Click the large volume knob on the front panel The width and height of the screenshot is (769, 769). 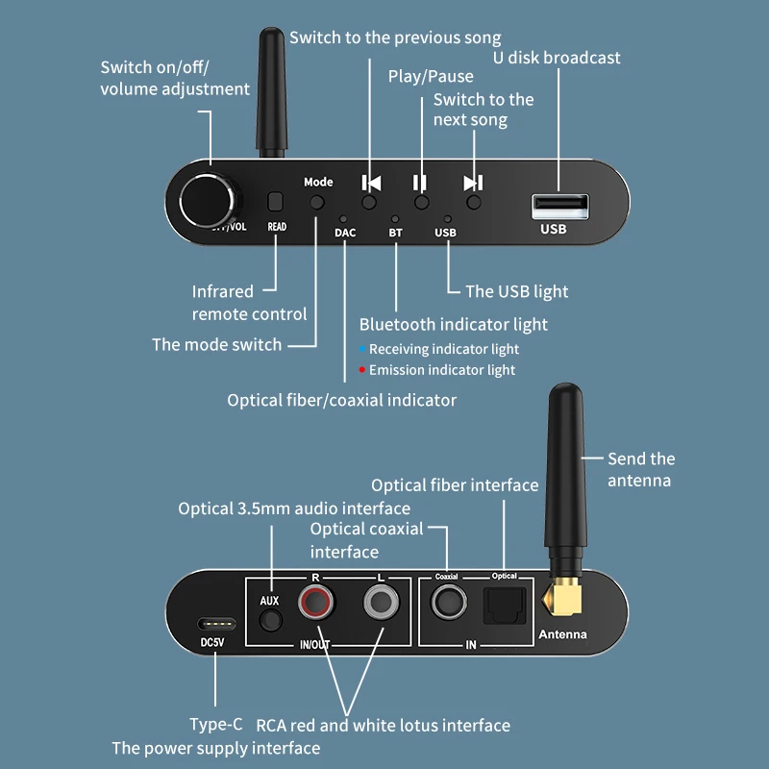(208, 200)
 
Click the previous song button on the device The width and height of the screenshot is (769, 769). (370, 203)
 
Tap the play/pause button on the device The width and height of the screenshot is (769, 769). (421, 203)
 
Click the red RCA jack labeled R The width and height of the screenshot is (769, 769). (314, 605)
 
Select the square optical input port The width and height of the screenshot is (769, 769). (504, 605)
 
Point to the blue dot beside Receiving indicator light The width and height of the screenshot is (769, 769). (361, 349)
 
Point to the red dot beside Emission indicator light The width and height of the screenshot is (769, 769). (361, 370)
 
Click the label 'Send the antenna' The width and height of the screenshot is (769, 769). (641, 469)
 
